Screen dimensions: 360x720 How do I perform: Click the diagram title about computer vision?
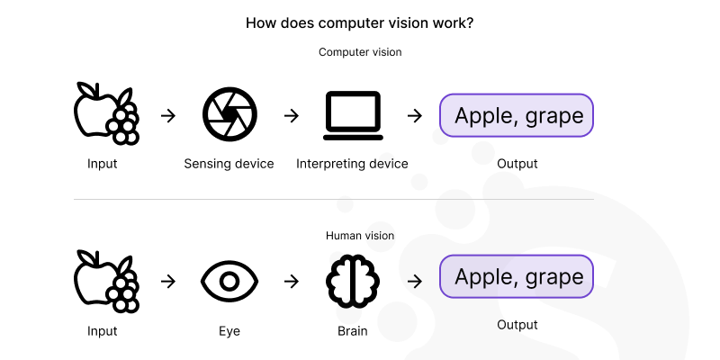tap(360, 22)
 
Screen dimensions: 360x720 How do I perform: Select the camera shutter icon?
tap(229, 115)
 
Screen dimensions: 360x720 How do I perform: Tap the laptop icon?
tap(353, 116)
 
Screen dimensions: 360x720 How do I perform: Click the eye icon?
tap(229, 281)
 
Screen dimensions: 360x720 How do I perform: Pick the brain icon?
tap(353, 281)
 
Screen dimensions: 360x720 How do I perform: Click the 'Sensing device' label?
tap(229, 164)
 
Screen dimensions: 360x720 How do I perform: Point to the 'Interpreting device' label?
tap(352, 164)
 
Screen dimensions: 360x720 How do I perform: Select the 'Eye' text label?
tap(229, 330)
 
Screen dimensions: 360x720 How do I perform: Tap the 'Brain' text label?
tap(352, 330)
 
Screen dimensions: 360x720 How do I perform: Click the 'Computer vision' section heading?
tap(360, 52)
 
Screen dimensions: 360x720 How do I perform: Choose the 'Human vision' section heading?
tap(360, 236)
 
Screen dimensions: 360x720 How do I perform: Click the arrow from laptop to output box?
tap(414, 115)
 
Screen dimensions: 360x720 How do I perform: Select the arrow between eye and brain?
tap(291, 281)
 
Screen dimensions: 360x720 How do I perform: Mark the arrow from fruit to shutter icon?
tap(167, 115)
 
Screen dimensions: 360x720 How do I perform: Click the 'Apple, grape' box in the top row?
tap(517, 115)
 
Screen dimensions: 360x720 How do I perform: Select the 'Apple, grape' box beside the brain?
tap(517, 276)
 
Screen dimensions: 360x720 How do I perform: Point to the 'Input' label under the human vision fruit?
tap(103, 330)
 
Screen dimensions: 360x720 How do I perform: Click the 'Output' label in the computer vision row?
tap(517, 164)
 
